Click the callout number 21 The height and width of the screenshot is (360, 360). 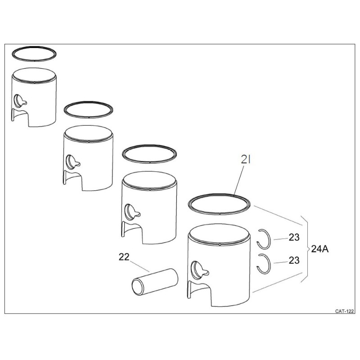click(245, 160)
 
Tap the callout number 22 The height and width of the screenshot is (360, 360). click(124, 257)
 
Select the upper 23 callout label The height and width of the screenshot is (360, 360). click(294, 238)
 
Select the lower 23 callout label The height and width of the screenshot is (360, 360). click(294, 261)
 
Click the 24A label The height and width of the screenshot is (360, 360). click(320, 249)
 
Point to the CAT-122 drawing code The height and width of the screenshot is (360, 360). click(344, 311)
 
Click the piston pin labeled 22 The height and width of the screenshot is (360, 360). click(155, 282)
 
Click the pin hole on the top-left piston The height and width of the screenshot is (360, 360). click(18, 101)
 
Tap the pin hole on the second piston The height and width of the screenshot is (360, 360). click(71, 162)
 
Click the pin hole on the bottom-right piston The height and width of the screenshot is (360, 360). click(197, 270)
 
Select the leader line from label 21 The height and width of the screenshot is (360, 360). click(239, 180)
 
